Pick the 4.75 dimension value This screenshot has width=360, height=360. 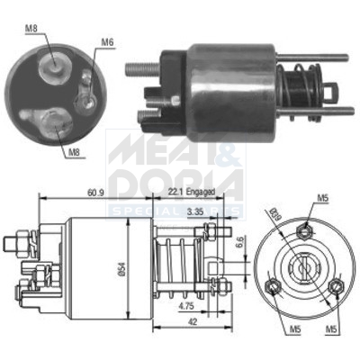(x=186, y=306)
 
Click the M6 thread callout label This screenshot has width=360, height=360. (x=107, y=41)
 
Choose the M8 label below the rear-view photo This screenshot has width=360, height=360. (x=76, y=153)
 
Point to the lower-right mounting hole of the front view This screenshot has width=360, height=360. (x=335, y=287)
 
